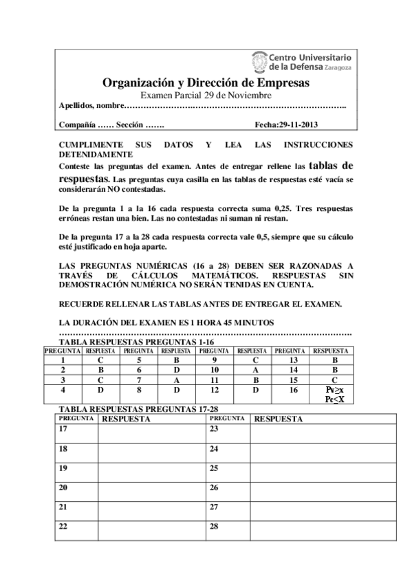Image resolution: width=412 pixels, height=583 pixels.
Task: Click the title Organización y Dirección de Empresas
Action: click(206, 82)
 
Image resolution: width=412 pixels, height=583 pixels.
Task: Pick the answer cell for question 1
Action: click(100, 359)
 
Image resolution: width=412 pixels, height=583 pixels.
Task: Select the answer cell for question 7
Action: click(176, 379)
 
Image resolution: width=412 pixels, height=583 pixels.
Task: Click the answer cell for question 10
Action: click(255, 369)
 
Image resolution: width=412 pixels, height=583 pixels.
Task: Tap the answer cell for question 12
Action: click(255, 389)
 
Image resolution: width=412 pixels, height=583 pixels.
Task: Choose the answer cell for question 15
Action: click(334, 379)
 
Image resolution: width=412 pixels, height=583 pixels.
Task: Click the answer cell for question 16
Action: click(334, 393)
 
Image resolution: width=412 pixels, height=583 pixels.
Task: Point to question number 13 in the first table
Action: click(294, 359)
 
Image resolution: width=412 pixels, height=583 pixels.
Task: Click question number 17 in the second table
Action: click(64, 428)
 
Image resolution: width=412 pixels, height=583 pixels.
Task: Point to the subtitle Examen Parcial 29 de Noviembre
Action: click(206, 95)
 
